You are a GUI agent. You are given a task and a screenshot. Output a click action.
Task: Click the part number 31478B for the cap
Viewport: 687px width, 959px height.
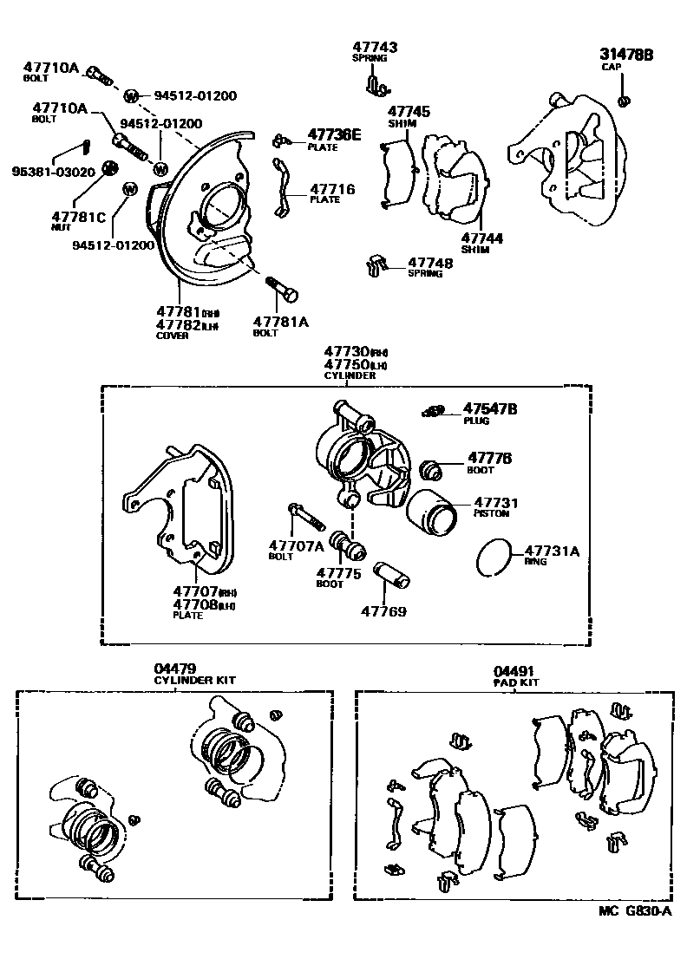pos(625,55)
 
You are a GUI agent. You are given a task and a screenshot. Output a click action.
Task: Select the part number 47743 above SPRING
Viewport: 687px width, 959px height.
pos(375,47)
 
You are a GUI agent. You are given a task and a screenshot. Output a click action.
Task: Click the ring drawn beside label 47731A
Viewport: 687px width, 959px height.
pos(494,556)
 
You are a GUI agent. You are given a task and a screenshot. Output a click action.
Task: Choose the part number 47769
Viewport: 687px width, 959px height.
pos(383,610)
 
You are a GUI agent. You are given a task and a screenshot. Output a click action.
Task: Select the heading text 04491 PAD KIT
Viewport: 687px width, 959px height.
pos(515,675)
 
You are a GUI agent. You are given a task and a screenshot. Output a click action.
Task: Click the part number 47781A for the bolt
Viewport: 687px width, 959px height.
pos(280,321)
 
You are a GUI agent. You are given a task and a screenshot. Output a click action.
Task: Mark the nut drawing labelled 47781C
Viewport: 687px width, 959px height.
pos(109,167)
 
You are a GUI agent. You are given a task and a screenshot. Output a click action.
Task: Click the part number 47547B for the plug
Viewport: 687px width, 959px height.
pos(489,408)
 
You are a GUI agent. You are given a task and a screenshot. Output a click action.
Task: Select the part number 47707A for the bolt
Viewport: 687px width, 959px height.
pos(296,545)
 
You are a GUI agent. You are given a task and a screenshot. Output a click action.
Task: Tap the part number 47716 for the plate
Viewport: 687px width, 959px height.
pos(332,188)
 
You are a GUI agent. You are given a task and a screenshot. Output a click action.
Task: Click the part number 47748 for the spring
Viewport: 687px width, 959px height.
pos(430,262)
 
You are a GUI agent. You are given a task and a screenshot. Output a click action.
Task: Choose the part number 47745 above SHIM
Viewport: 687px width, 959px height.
pos(409,112)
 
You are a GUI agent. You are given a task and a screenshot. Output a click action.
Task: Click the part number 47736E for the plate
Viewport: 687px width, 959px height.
pos(334,134)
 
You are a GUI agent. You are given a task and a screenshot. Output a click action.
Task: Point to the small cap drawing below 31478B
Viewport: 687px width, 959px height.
pos(623,102)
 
